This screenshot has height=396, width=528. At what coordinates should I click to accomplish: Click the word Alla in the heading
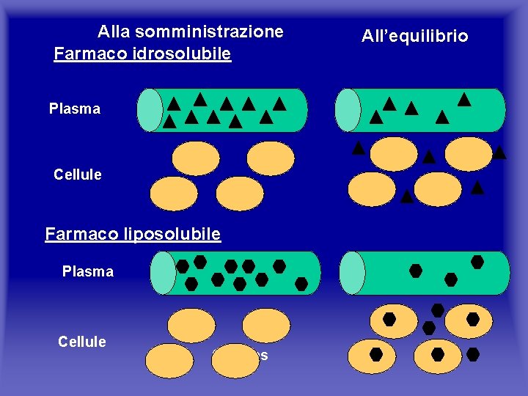pos(114,32)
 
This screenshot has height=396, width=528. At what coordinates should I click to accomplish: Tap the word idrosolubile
pos(187,54)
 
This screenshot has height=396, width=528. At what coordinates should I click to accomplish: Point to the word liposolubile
pos(176,234)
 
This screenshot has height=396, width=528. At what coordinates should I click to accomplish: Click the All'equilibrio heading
pos(414,36)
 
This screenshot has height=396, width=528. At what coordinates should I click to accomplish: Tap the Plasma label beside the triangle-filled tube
pos(75,109)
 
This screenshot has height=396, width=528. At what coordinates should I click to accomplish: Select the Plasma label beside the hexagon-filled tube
pos(88,272)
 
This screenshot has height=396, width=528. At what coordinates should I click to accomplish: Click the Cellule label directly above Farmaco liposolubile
pos(78,175)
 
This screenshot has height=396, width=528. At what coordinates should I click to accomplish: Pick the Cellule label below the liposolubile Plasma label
pos(82,342)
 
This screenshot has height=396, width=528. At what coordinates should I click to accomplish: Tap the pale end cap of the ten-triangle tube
pos(150,110)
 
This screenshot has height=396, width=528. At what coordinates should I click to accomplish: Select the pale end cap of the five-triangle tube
pos(348,110)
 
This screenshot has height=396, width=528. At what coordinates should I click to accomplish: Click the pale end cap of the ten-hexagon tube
pos(163,273)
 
